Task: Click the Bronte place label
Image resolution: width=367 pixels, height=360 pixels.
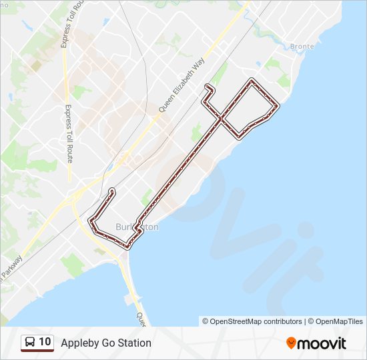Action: point(302,47)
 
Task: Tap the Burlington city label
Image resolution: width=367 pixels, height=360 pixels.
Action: point(137,227)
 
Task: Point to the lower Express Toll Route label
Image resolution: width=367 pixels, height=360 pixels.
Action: point(69,134)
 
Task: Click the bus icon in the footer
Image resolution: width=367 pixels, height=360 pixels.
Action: point(30,343)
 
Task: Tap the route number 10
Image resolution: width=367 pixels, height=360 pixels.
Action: point(45,342)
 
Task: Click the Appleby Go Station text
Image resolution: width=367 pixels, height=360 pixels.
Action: point(106,343)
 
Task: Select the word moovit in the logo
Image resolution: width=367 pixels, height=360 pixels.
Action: point(322,343)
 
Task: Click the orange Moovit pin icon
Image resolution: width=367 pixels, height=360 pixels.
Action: point(292,343)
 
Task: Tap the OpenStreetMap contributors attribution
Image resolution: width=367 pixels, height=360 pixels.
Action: point(256,321)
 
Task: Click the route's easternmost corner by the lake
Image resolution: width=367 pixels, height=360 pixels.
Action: point(277,105)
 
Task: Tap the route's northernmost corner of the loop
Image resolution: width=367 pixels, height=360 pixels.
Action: point(252,80)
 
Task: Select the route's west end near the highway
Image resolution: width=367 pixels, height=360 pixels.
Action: point(111,191)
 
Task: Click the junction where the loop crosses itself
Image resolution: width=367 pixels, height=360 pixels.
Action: point(220,118)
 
